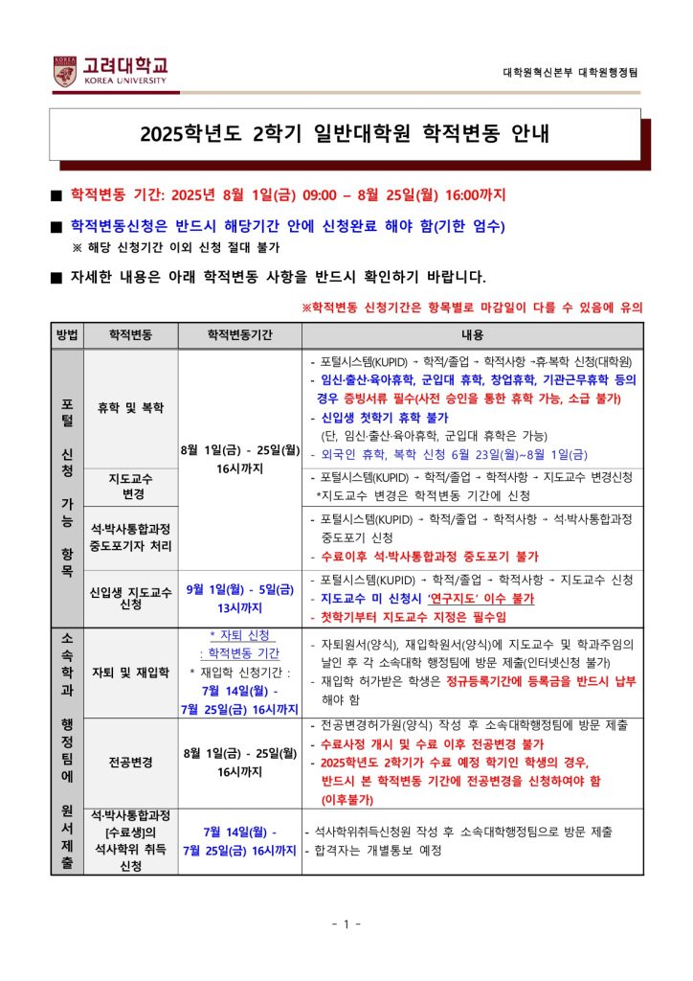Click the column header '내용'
(473, 336)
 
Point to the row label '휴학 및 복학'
(130, 407)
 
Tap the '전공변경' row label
(130, 764)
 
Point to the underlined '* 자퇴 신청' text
(241, 635)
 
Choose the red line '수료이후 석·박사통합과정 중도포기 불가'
(430, 556)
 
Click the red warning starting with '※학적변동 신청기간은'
(472, 308)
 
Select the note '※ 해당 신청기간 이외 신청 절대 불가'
(175, 247)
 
